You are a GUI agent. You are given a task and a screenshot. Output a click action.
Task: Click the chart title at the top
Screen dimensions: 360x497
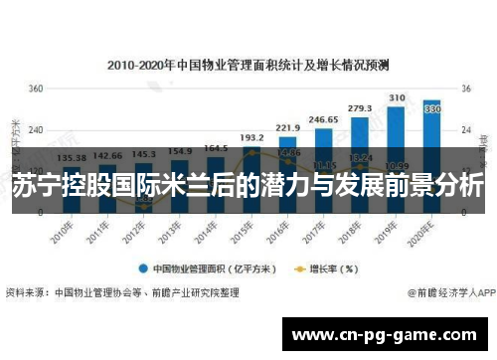(x=248, y=64)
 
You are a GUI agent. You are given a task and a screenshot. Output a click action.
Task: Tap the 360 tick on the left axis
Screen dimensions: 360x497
(x=35, y=89)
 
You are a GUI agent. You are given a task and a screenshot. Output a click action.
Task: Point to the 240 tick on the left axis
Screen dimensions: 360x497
(x=35, y=130)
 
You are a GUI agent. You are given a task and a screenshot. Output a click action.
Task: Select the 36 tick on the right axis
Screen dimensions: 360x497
(x=465, y=89)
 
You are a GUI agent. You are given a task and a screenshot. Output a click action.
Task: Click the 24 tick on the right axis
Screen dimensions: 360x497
(x=465, y=130)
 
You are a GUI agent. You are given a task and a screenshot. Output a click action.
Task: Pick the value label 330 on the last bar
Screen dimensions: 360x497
(x=432, y=109)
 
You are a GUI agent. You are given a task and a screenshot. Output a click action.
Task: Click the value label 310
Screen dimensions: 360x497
(x=397, y=97)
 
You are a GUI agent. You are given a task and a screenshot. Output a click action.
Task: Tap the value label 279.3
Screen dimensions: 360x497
(x=360, y=107)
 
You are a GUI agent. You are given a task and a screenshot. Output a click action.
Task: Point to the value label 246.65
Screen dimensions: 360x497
(x=323, y=119)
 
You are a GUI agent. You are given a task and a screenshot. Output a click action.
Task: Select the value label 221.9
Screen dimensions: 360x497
(x=288, y=127)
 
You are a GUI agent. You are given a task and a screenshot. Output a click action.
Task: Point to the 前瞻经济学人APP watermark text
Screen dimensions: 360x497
(x=452, y=293)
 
